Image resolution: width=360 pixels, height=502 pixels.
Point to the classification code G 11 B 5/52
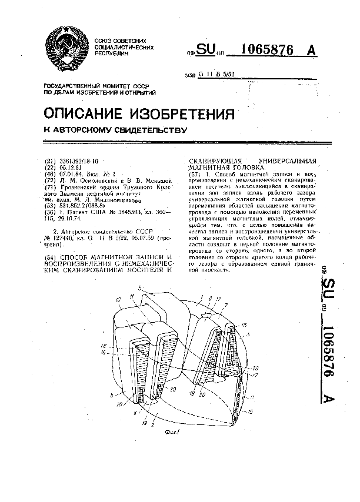(x=215, y=75)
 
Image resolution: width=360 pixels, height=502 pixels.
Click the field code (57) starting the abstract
(x=193, y=175)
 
